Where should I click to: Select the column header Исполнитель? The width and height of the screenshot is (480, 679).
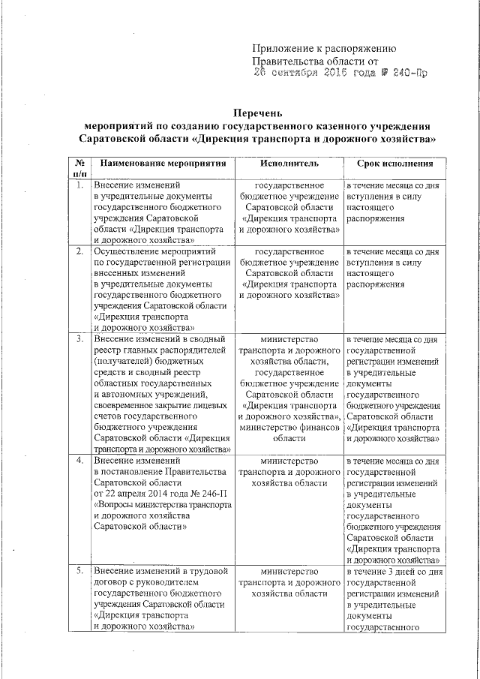click(289, 163)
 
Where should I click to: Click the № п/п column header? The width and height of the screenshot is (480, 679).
click(79, 168)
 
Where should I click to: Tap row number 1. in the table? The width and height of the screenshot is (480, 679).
click(79, 185)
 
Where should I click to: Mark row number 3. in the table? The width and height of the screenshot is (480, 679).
click(79, 339)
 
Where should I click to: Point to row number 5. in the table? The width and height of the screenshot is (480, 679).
click(79, 572)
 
